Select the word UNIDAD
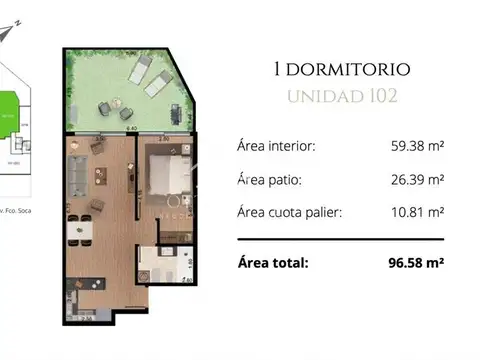click(319, 97)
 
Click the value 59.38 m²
click(416, 145)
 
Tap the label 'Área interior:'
click(276, 146)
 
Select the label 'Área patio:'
click(269, 181)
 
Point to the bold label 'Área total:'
click(272, 264)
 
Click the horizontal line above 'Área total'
click(340, 241)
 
